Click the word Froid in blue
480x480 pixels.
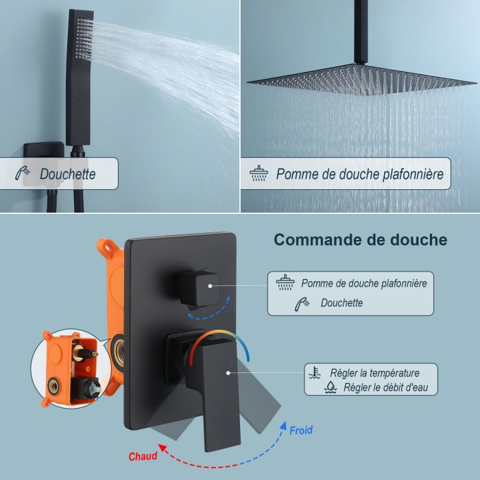coord(301,430)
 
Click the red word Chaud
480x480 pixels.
coord(143,456)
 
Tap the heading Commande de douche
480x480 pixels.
coord(360,239)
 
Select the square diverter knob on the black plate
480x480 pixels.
coord(200,288)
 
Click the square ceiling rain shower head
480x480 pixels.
coord(362,80)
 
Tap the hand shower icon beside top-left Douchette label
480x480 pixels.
coord(23,173)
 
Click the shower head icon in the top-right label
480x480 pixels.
coord(259,173)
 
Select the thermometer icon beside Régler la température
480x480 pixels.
coord(315,372)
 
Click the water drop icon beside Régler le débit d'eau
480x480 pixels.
coord(331,387)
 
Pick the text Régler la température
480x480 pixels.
coord(374,373)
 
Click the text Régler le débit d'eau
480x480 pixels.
coord(385,387)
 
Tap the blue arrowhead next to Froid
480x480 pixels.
coord(283,426)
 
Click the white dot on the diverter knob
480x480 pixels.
coord(210,286)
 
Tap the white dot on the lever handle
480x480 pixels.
coord(228,373)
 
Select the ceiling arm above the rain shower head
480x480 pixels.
coord(361,32)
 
